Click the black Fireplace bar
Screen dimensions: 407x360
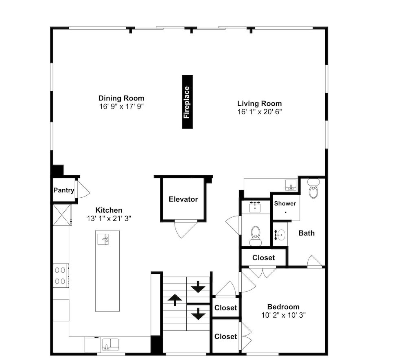tap(187, 102)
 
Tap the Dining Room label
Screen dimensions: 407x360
tap(121, 98)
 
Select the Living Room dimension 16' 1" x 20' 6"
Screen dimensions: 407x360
tap(260, 112)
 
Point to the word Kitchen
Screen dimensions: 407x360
tap(109, 210)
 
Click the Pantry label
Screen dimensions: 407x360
tap(64, 190)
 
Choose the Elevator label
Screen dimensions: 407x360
tap(183, 199)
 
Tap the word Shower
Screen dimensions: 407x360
tap(285, 204)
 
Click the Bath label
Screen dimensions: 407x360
tap(306, 233)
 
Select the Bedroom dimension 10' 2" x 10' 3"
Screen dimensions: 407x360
tap(283, 315)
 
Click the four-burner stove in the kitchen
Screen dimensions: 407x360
tap(61, 275)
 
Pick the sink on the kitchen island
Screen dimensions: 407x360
tap(103, 239)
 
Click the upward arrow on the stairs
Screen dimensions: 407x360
tap(175, 300)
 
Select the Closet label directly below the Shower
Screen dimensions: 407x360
tap(263, 258)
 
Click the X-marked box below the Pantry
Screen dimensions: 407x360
tap(61, 215)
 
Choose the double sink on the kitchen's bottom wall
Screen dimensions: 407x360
tap(110, 345)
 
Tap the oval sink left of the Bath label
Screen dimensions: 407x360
tap(280, 235)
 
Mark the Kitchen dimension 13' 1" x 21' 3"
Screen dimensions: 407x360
tap(109, 219)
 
